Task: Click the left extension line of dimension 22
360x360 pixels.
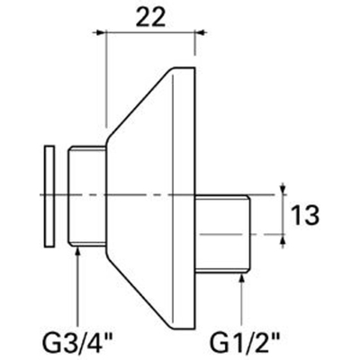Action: coord(106,81)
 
